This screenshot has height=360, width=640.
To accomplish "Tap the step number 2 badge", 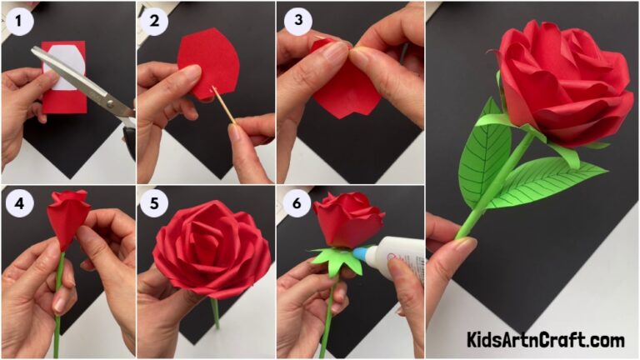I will click(x=155, y=18).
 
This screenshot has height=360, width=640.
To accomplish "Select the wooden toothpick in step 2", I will click(x=223, y=104).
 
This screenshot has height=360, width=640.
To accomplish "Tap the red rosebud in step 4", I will click(x=68, y=217).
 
